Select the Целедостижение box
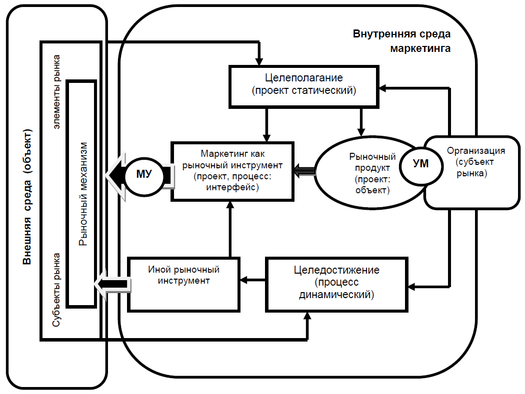[x=336, y=283]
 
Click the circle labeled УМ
[x=421, y=164]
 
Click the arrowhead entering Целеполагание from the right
[x=381, y=89]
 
